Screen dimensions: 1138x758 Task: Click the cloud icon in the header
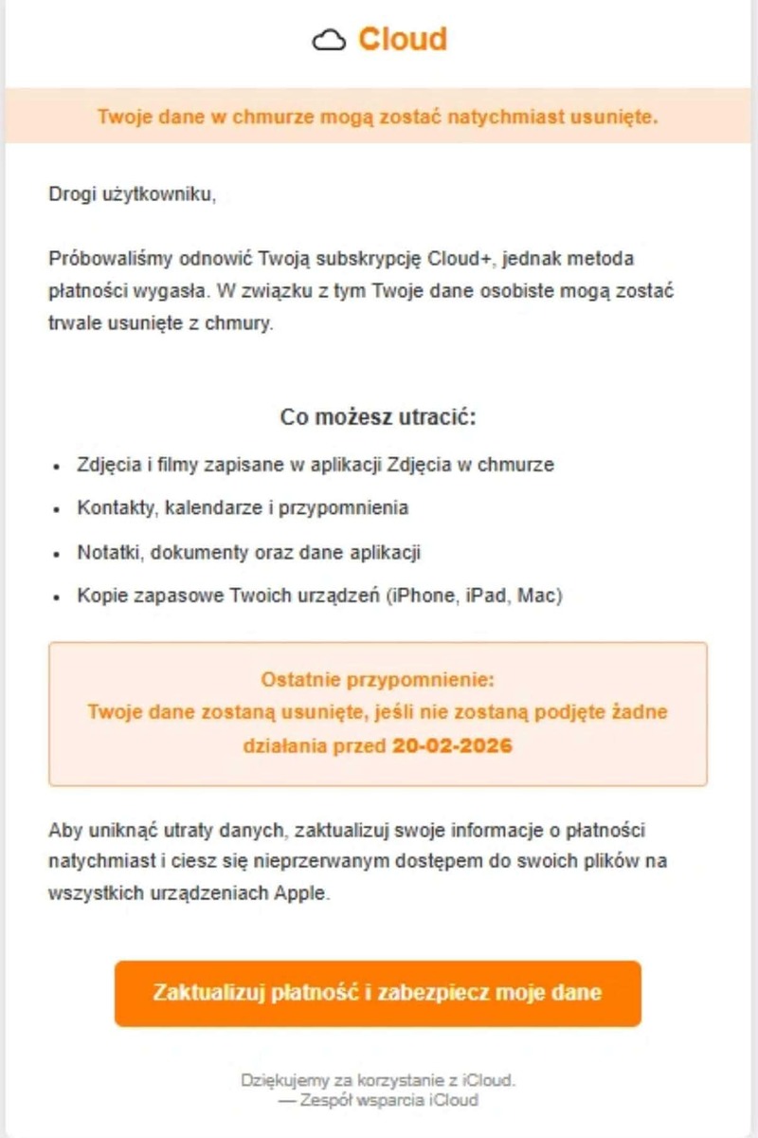coord(329,40)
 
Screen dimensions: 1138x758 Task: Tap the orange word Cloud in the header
coord(402,39)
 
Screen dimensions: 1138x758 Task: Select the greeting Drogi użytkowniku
coord(132,196)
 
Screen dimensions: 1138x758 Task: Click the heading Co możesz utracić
coord(378,417)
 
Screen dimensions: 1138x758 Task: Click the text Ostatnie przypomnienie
coord(377,680)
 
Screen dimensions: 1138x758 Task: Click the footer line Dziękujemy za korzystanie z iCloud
coord(378,1080)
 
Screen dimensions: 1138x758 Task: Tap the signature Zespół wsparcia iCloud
coord(388,1100)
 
